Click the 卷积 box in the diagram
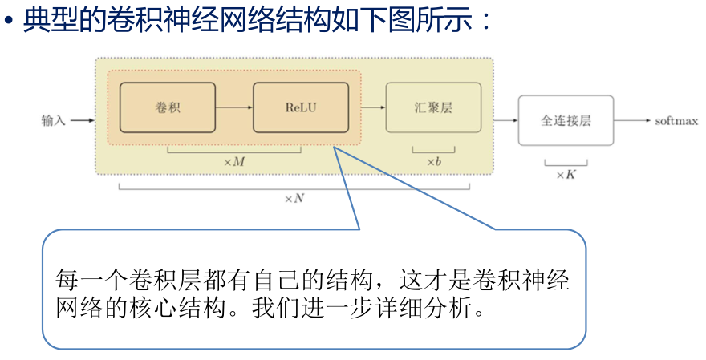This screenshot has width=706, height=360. coord(168,107)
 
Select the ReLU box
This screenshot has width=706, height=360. coord(301,107)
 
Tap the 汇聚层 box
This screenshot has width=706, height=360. coord(433,107)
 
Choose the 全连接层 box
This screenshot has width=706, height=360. coord(566,120)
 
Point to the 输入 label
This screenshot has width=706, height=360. coord(54,121)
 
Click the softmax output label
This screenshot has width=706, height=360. coord(676,121)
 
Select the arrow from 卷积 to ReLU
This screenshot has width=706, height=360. coord(234,107)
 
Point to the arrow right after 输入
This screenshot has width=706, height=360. coord(82,121)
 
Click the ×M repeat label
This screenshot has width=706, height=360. coord(233,162)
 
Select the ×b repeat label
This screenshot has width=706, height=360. coord(433,162)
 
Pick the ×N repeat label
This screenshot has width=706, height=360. coord(294,198)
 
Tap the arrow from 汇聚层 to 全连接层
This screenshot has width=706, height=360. coord(505,121)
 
